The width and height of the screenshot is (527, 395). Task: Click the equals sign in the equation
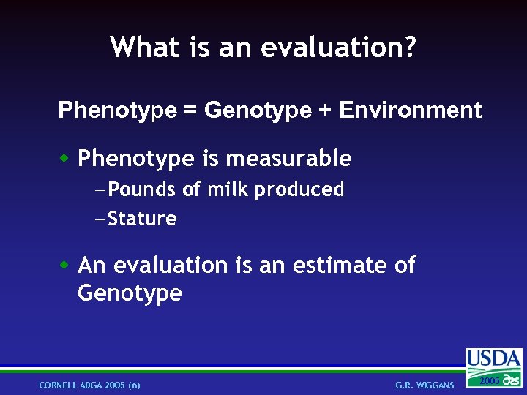[x=190, y=110]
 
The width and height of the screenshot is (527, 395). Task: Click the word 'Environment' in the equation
[x=411, y=110]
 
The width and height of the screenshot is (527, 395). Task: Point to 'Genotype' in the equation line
[x=258, y=111]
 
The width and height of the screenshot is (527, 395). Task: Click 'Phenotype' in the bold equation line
[x=117, y=111]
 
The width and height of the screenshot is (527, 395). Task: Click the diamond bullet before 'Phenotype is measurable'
[x=64, y=157]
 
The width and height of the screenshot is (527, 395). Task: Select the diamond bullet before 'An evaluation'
[x=64, y=264]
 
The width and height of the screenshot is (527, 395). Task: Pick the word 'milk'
[x=227, y=190]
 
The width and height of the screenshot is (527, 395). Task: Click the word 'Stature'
[x=142, y=219]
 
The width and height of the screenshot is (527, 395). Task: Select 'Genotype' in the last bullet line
[x=130, y=294]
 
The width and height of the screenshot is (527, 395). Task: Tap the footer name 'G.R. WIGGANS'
[x=425, y=385]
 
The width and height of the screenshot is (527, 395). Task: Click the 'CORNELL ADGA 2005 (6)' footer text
[x=90, y=385]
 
